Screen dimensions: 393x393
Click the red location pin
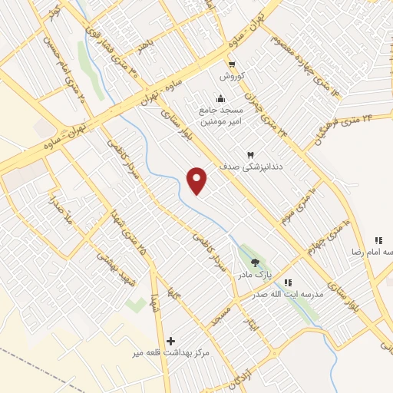coord(198,180)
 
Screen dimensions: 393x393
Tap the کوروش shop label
coord(231,76)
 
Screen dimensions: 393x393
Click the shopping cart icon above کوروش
coord(232,64)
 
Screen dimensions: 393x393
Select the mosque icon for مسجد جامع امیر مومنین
coord(221,98)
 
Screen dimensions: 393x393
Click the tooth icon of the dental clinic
coord(249,154)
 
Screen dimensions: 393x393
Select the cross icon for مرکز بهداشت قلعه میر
coord(170,340)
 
